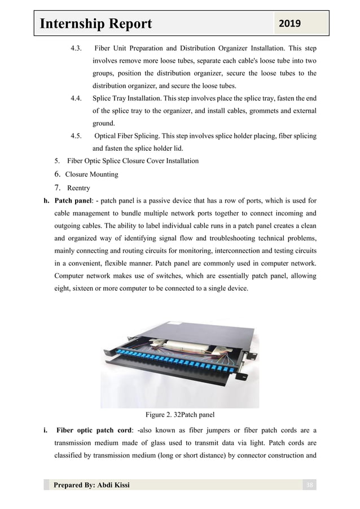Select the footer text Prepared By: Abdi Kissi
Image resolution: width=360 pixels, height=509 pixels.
91,485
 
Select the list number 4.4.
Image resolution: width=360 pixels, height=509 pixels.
78,98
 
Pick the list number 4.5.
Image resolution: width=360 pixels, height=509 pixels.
78,136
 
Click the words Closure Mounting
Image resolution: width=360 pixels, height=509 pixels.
91,174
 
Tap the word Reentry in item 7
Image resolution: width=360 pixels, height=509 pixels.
78,187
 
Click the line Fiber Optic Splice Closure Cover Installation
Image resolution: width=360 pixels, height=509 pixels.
133,161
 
